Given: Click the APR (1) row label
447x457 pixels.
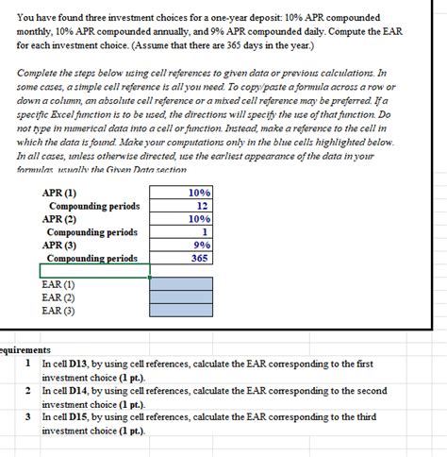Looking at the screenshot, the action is click(x=59, y=193).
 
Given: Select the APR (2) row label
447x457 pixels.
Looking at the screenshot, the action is click(x=59, y=219).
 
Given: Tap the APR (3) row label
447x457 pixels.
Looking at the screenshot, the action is click(x=59, y=245).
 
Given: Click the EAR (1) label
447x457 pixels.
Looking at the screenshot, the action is click(x=58, y=283).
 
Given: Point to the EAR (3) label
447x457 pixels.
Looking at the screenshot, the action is click(x=58, y=310).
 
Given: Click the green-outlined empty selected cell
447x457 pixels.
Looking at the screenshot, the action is click(x=94, y=271).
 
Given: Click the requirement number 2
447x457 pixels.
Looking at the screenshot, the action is click(x=29, y=390).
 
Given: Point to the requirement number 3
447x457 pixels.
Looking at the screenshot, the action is click(x=29, y=416).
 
